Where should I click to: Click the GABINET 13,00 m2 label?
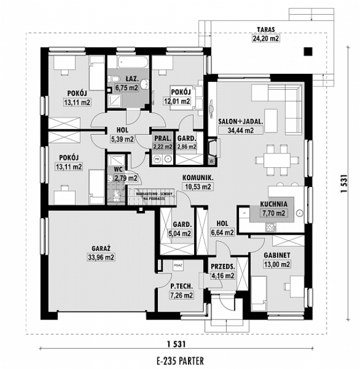pyautogui.click(x=277, y=260)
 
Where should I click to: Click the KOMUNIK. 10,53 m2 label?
pyautogui.click(x=197, y=181)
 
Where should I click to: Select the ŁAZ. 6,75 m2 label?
pyautogui.click(x=126, y=84)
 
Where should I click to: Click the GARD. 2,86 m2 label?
pyautogui.click(x=186, y=142)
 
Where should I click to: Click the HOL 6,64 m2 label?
pyautogui.click(x=222, y=228)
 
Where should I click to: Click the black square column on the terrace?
pyautogui.click(x=308, y=52)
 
